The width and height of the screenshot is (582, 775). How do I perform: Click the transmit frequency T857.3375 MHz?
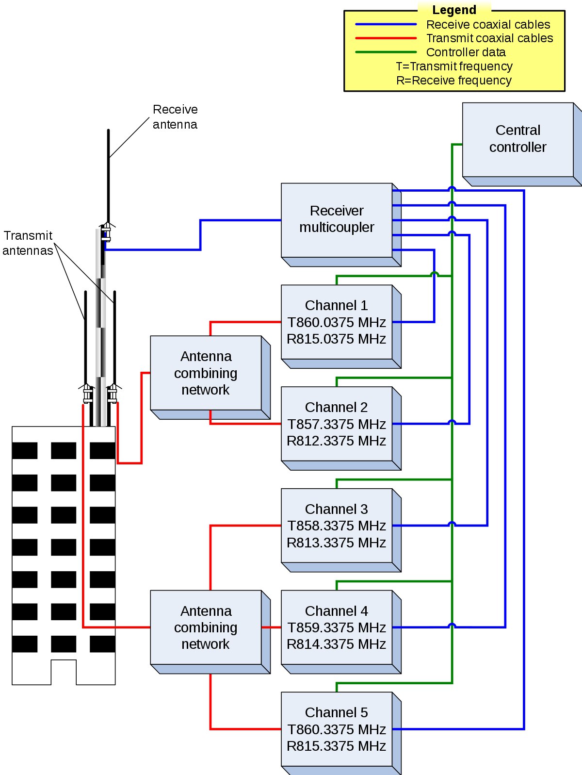[337, 424]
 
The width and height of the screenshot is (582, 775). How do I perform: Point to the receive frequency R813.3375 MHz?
[337, 543]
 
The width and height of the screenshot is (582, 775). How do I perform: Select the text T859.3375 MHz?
[337, 627]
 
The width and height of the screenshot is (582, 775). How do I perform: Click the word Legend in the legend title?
[454, 10]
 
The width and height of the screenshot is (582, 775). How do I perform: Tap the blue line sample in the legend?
[386, 24]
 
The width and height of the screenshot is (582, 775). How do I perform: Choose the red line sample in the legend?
[386, 38]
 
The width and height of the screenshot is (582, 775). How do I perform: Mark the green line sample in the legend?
[386, 52]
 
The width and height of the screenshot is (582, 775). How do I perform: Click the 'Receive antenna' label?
[175, 117]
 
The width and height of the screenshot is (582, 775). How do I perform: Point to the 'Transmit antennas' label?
[28, 243]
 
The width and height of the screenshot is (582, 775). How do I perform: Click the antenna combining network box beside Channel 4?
[210, 632]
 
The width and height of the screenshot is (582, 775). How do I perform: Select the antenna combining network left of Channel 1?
[210, 378]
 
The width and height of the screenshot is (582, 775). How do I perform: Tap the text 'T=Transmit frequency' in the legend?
[454, 66]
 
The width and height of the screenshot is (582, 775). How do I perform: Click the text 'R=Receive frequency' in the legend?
[454, 81]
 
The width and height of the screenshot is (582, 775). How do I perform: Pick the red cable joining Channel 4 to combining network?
[271, 627]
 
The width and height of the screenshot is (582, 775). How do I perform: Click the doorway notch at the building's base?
[64, 672]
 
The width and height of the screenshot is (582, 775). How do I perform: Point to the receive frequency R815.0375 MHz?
[337, 339]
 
